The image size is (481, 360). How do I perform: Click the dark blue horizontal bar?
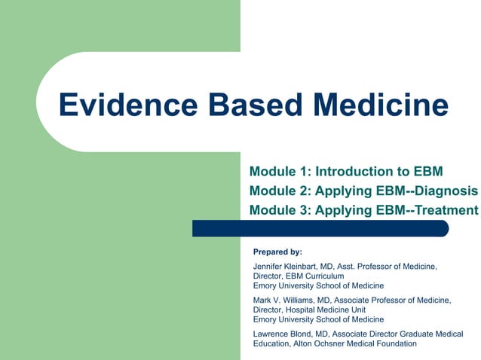(x=320, y=228)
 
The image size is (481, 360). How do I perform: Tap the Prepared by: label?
(x=277, y=252)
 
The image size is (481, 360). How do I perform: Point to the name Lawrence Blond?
(x=286, y=334)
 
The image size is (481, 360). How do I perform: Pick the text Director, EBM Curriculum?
(x=299, y=276)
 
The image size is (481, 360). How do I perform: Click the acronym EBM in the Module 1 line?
(x=426, y=171)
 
